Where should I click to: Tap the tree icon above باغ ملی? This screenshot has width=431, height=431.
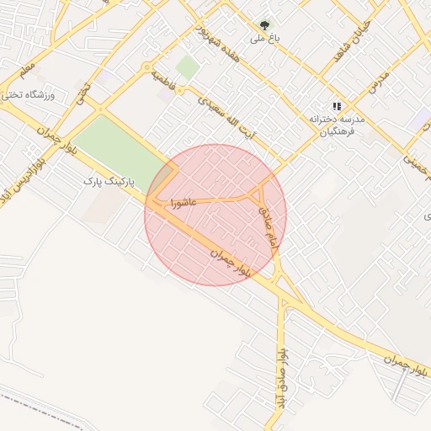(265, 25)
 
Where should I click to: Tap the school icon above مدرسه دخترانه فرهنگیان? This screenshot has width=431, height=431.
(337, 106)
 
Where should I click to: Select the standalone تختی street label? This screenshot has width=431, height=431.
(82, 93)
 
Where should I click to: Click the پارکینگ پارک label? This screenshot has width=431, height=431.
(109, 180)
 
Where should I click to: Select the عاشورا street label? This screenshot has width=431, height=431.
(183, 203)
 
